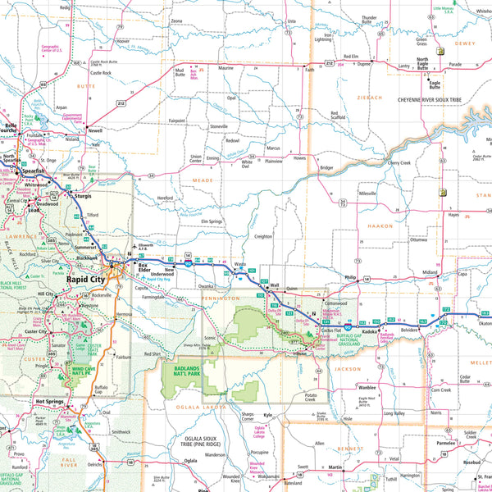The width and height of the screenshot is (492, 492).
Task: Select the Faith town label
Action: [309, 71]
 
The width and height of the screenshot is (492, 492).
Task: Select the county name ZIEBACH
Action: [369, 98]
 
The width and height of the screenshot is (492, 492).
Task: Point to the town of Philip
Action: [350, 278]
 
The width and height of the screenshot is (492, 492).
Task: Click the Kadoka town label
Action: [368, 332]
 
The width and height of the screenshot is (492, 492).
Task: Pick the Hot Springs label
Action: [49, 401]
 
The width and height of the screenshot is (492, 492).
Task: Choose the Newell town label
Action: [97, 130]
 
